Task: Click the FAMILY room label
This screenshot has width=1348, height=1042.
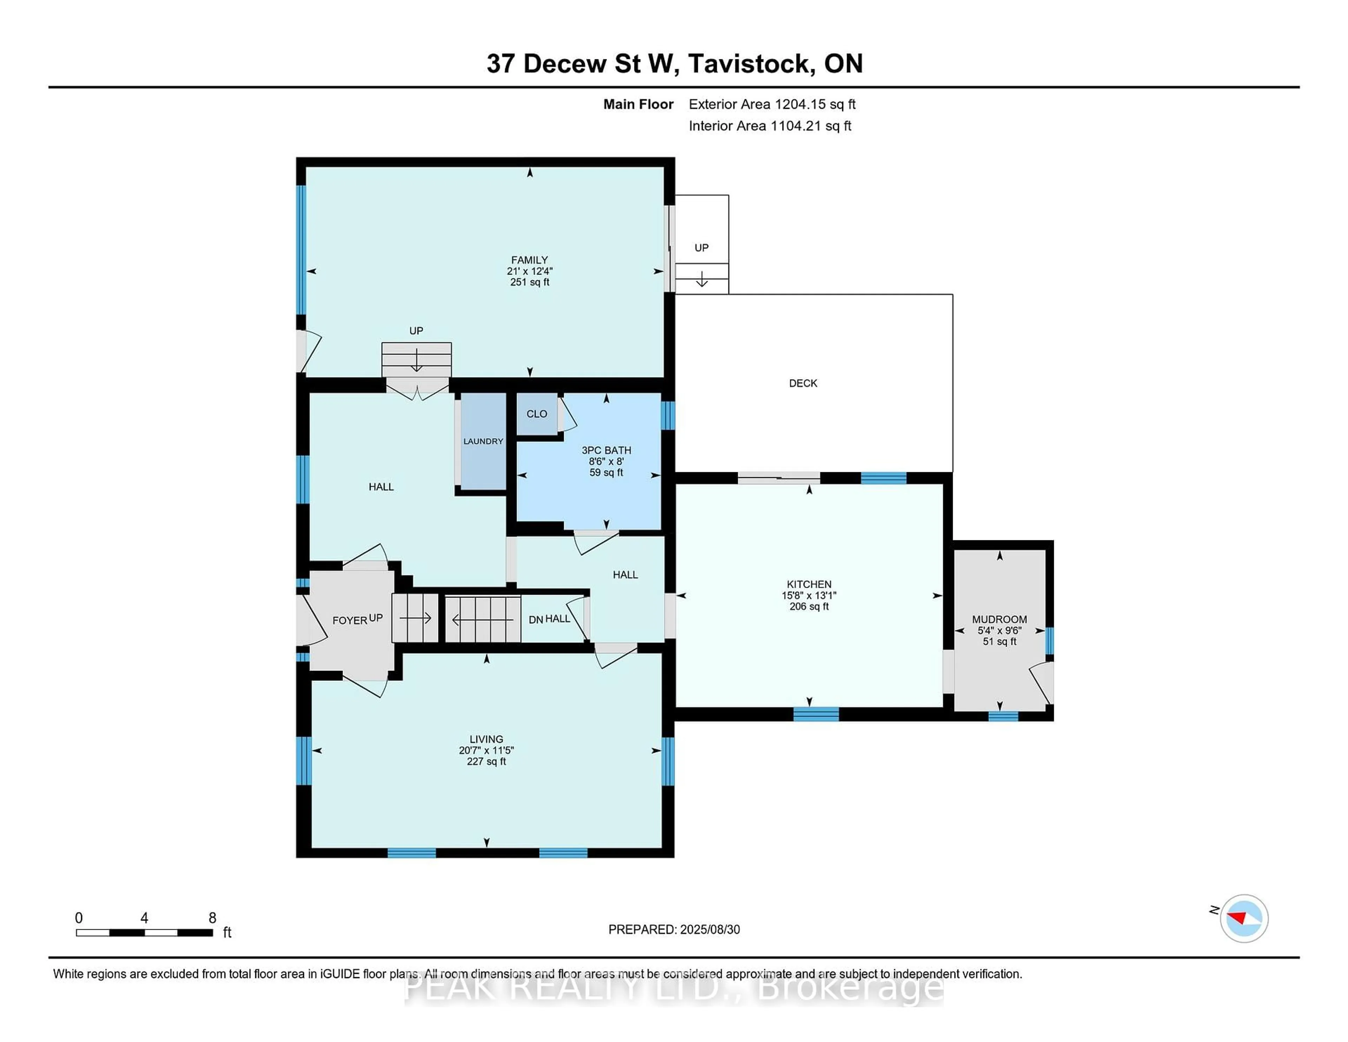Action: tap(529, 260)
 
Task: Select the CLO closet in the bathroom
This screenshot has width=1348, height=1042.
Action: tap(536, 414)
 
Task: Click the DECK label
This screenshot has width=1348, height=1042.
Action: tap(802, 383)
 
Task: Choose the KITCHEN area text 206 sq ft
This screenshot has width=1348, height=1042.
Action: tap(808, 606)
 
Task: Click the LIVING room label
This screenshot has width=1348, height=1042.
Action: tap(486, 739)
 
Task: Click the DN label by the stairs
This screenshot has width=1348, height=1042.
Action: tap(535, 619)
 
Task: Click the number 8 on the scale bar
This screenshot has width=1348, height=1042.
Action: tap(212, 918)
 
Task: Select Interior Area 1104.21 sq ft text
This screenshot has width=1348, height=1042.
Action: tap(770, 126)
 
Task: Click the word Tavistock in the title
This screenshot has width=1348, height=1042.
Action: tap(749, 64)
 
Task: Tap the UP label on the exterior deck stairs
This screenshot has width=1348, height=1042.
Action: tap(701, 248)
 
